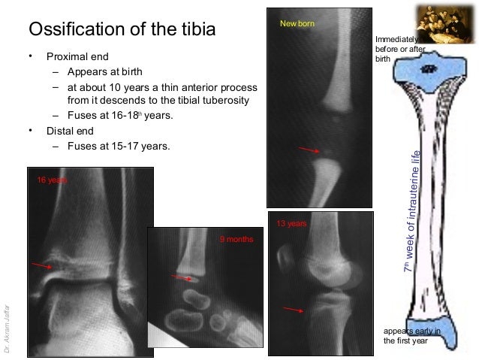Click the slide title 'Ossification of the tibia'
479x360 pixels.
coord(122,30)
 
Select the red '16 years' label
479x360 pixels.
coord(53,180)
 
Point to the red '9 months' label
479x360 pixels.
coord(236,239)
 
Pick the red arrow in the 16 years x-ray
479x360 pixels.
coord(42,265)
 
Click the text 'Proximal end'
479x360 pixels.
coord(77,56)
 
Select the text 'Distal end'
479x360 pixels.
coord(71,131)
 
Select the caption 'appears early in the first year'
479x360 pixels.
coord(411,335)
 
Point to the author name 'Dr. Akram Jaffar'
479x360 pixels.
coord(8,328)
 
